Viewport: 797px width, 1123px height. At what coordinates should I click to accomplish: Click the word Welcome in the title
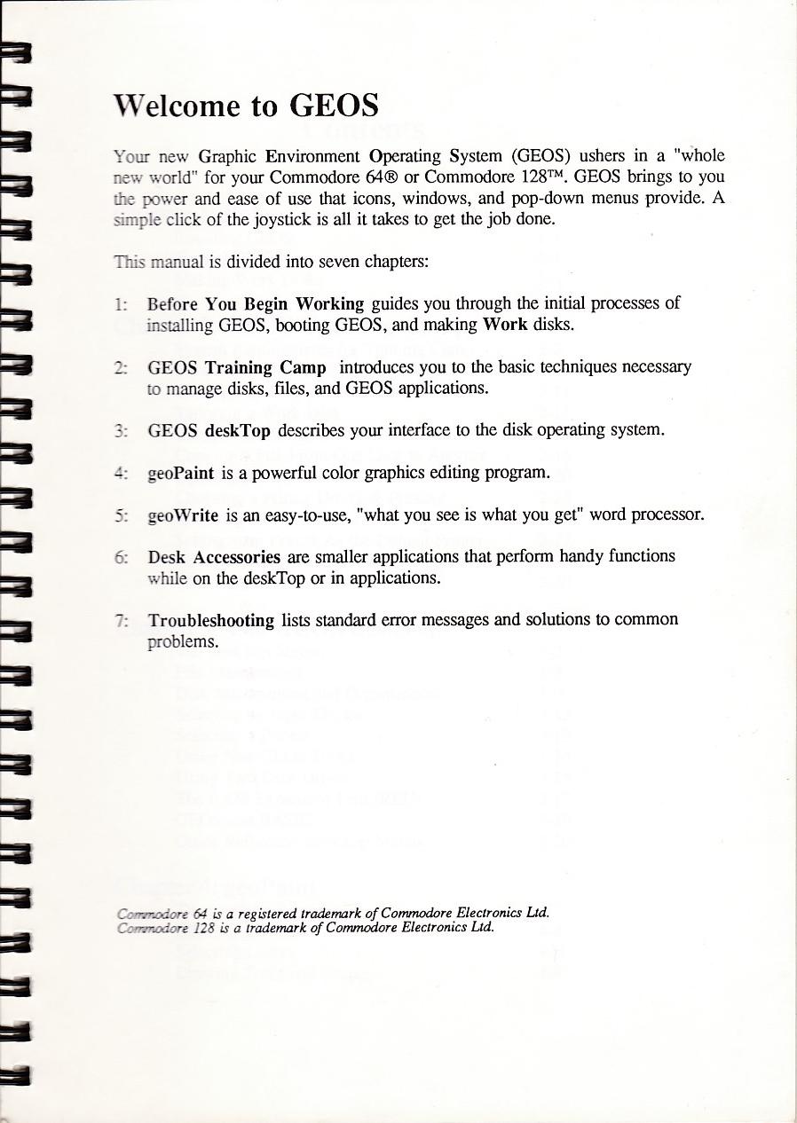point(174,106)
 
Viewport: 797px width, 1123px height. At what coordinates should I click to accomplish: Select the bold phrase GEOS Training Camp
point(237,367)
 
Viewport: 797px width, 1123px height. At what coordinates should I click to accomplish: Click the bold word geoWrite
point(184,514)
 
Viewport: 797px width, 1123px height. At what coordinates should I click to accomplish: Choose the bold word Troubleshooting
point(211,620)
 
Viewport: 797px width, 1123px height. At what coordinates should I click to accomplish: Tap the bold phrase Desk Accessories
point(214,557)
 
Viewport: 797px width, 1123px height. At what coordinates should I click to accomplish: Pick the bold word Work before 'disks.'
point(505,324)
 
